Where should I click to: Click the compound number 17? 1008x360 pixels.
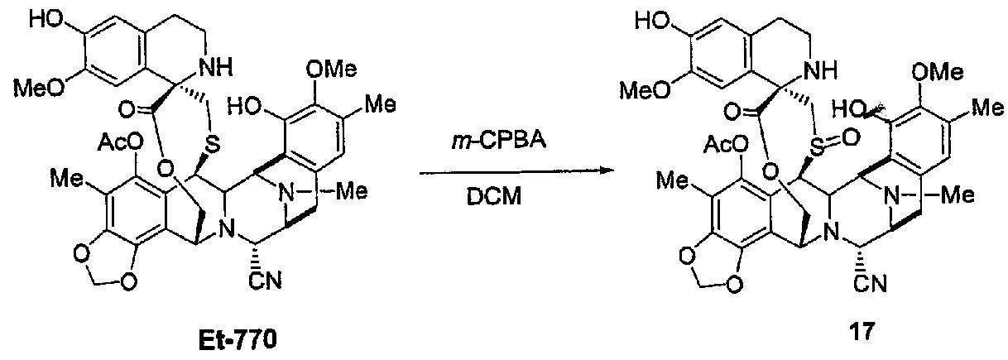coord(862,332)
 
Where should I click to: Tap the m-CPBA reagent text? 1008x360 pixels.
coord(498,141)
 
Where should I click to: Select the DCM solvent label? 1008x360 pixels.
coord(493,196)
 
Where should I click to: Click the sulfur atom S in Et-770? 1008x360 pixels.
coord(214,143)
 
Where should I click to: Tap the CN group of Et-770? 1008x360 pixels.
coord(266,281)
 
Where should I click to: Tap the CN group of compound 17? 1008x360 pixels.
coord(871,284)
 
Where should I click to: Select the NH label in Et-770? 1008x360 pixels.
coord(216,69)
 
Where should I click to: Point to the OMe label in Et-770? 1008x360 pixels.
coord(332,70)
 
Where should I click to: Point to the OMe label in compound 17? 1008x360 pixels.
coord(938,71)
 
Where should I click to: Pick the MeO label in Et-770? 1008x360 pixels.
coord(39,89)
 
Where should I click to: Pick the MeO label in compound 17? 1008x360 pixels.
coord(645,90)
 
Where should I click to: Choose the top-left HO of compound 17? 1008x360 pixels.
coord(651,22)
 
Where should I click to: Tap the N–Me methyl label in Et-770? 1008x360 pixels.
coord(353,192)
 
